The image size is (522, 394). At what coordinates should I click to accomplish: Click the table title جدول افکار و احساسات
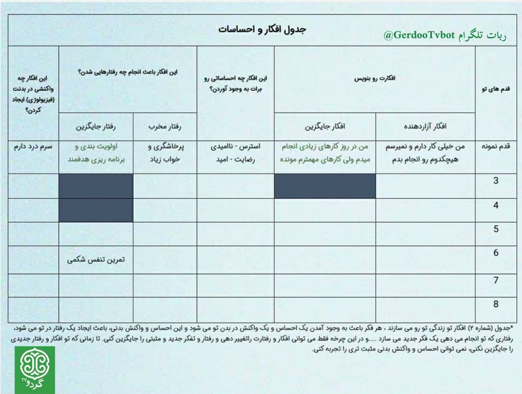262,29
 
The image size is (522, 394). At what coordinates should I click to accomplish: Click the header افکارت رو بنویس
375,79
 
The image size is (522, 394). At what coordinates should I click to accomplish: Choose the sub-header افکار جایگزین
325,126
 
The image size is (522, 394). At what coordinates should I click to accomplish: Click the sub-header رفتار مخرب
165,126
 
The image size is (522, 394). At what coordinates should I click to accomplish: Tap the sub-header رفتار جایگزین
96,126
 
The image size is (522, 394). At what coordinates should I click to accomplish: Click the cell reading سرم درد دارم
33,146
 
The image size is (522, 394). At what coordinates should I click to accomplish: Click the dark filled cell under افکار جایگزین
325,186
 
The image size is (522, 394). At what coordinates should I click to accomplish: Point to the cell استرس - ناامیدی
235,146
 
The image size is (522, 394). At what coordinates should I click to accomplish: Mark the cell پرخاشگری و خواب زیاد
165,153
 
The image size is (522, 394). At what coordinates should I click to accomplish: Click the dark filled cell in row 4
96,210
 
